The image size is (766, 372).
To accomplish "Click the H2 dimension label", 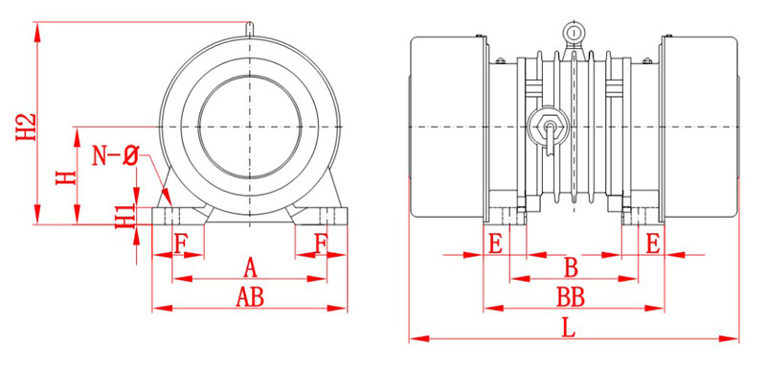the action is [x=27, y=128].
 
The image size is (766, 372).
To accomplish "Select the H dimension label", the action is [x=66, y=177].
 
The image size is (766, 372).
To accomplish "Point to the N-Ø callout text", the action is [x=115, y=156].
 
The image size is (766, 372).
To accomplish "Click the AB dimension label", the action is [x=250, y=297].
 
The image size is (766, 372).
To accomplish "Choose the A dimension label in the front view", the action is [x=250, y=267].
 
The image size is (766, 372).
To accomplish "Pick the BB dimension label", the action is [x=571, y=297].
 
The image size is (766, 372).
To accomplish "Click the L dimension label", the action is [x=568, y=329].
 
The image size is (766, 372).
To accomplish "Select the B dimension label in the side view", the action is [x=571, y=267].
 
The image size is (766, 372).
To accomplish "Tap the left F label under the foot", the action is [x=181, y=244].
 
